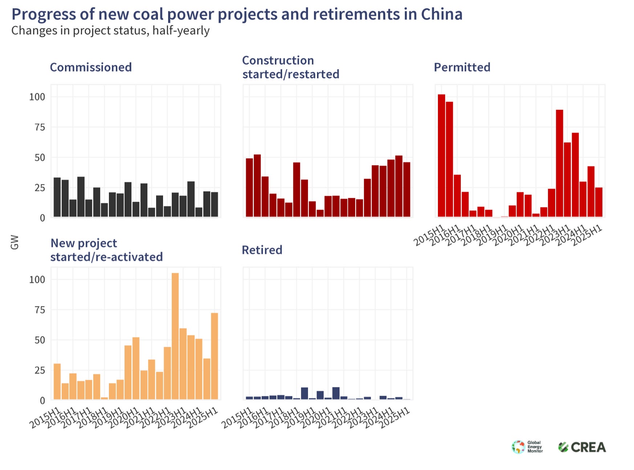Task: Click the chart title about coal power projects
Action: [x=237, y=15]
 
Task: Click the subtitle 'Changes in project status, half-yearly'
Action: [x=110, y=31]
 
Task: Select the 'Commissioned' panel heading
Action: [x=91, y=67]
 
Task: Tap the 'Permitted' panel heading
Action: [x=462, y=67]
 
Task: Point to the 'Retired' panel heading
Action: [x=262, y=250]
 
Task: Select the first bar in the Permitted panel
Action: [x=441, y=156]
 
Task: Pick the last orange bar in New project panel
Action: [x=215, y=356]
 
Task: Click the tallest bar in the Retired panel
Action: [x=336, y=393]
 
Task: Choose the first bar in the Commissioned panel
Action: [x=57, y=197]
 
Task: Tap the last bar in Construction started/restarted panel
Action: [x=407, y=190]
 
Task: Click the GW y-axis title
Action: [x=15, y=242]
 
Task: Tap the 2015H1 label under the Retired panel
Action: [x=237, y=418]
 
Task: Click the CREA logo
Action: [x=582, y=447]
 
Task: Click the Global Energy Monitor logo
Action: [x=527, y=447]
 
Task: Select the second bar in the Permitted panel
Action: [x=449, y=160]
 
